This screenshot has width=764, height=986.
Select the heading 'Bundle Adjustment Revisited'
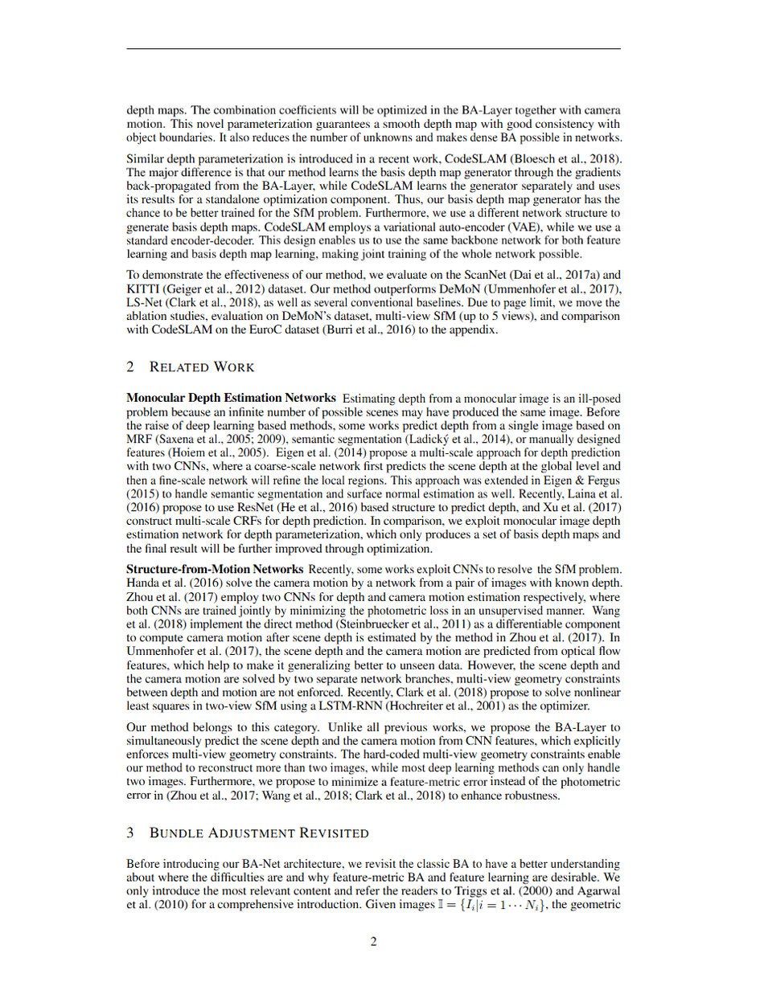coord(258,833)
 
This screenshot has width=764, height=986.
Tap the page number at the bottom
coord(374,942)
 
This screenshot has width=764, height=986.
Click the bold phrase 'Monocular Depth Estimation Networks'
coord(232,398)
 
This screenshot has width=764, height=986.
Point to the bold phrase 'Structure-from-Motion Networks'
coord(215,569)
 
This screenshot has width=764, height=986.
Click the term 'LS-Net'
coord(145,303)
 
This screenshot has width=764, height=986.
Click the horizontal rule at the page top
coord(374,49)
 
